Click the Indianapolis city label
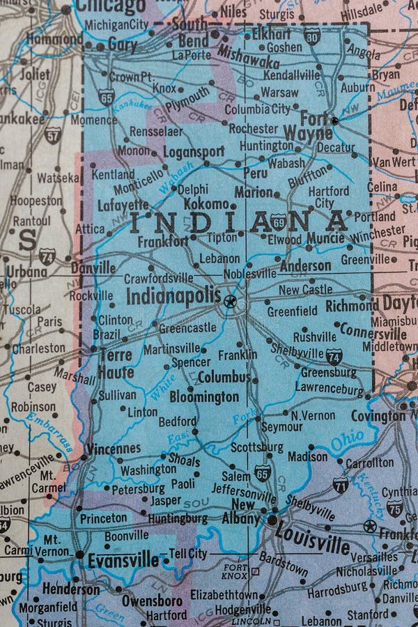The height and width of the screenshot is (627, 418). click(x=173, y=295)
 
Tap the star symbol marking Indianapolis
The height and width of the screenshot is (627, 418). click(x=230, y=302)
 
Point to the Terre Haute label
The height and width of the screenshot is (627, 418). click(x=116, y=364)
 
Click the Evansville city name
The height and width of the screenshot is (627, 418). click(x=123, y=560)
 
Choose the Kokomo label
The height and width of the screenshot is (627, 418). click(x=206, y=204)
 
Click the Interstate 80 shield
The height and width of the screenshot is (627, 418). click(x=312, y=36)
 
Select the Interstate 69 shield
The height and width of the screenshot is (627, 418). click(x=279, y=222)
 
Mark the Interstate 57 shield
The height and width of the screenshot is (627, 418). click(x=52, y=134)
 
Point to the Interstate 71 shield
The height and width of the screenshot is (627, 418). click(x=341, y=484)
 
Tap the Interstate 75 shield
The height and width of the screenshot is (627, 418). click(x=394, y=508)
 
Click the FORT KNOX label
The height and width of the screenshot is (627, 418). click(x=235, y=571)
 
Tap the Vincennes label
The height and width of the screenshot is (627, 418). click(x=113, y=449)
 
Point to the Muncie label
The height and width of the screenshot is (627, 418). click(x=325, y=238)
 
